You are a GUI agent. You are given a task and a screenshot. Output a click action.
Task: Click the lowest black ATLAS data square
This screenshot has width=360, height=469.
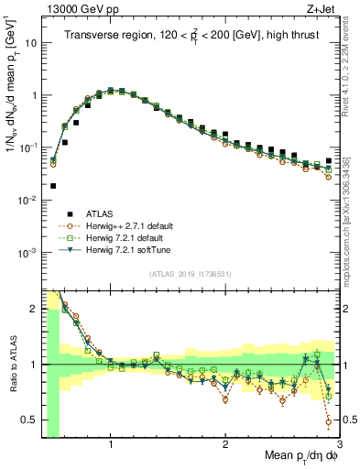point(53,186)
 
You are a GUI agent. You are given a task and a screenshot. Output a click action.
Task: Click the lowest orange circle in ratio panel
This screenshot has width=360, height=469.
point(328,422)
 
